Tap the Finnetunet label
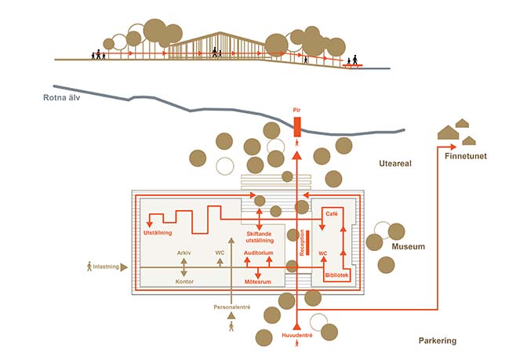pyautogui.click(x=466, y=156)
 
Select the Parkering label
pyautogui.click(x=437, y=341)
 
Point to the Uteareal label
pyautogui.click(x=393, y=164)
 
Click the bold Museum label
pyautogui.click(x=408, y=247)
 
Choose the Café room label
pyautogui.click(x=331, y=213)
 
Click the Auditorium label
pyautogui.click(x=258, y=254)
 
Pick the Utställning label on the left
pyautogui.click(x=158, y=234)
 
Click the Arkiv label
pyautogui.click(x=184, y=253)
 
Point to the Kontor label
pyautogui.click(x=184, y=281)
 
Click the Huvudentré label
pyautogui.click(x=297, y=336)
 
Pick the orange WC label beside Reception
pyautogui.click(x=322, y=253)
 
